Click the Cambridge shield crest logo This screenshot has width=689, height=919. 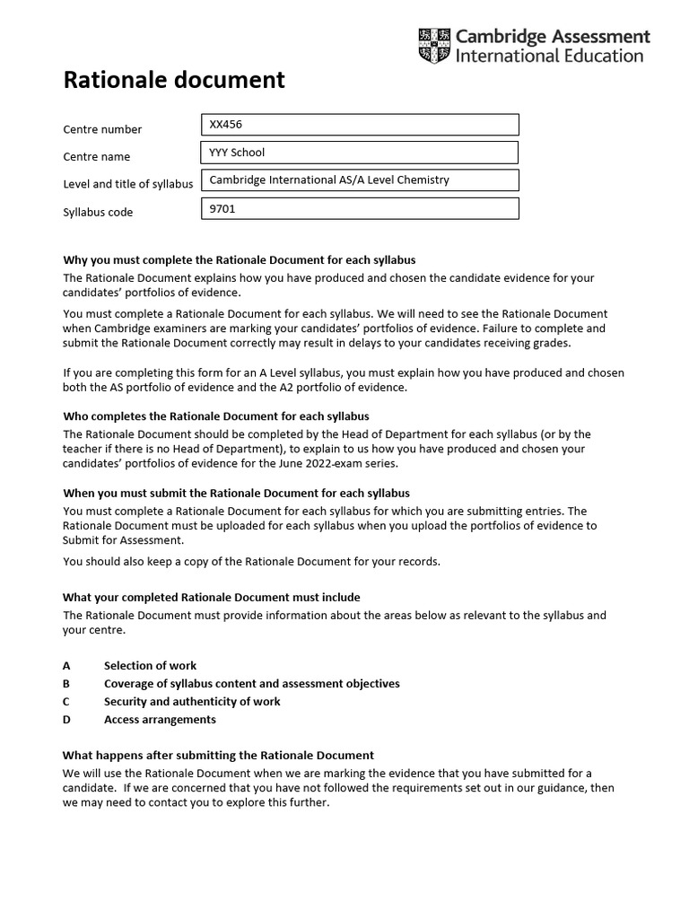click(434, 46)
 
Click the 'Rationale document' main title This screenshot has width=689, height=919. click(173, 81)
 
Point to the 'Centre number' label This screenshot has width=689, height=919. click(102, 129)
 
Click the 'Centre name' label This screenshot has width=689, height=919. click(96, 157)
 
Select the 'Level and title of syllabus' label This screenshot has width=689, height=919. click(127, 185)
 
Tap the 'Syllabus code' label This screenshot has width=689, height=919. click(98, 213)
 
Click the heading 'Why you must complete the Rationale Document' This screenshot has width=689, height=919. click(239, 260)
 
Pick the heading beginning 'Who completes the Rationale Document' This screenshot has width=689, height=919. click(215, 416)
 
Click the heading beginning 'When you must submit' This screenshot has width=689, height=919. click(236, 494)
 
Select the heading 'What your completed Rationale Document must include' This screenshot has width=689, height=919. click(211, 598)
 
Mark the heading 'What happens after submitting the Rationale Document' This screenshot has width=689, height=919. click(218, 756)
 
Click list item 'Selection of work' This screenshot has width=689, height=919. click(150, 666)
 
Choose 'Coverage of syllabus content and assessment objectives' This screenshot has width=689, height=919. click(251, 684)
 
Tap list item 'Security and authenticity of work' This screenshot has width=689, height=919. click(192, 702)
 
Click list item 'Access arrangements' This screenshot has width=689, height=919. click(160, 720)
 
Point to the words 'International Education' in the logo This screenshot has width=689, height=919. click(549, 56)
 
